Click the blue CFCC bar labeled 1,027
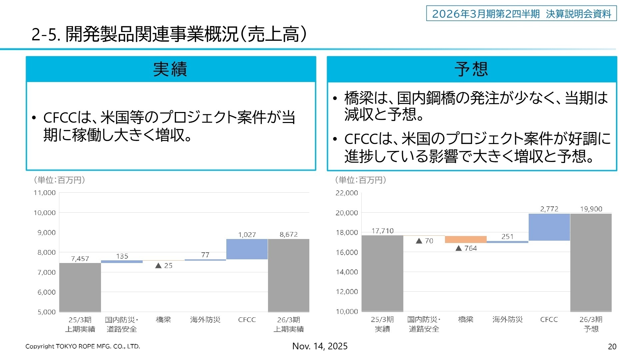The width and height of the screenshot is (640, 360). (247, 249)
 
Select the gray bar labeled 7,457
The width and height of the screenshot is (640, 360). (80, 287)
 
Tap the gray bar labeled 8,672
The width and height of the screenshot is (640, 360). (289, 275)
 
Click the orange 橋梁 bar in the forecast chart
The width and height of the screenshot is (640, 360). (466, 239)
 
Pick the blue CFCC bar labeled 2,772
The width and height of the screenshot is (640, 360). (549, 227)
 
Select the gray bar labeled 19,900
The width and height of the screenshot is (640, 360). (591, 262)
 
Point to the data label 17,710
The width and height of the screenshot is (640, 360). (382, 231)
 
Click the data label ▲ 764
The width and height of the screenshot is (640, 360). (466, 248)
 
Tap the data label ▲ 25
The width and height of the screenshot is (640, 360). (164, 266)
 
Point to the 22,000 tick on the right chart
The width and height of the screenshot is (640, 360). (346, 193)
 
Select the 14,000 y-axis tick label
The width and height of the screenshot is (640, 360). (346, 272)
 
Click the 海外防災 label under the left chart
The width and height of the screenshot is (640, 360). (205, 320)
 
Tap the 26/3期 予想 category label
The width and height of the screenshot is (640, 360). (591, 324)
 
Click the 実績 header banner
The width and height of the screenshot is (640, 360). (171, 69)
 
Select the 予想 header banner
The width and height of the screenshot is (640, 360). (472, 69)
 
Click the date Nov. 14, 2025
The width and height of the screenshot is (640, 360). (320, 346)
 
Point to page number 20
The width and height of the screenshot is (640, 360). (612, 347)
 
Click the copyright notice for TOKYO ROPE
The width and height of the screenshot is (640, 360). (83, 346)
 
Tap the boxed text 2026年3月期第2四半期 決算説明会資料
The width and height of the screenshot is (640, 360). (521, 14)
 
